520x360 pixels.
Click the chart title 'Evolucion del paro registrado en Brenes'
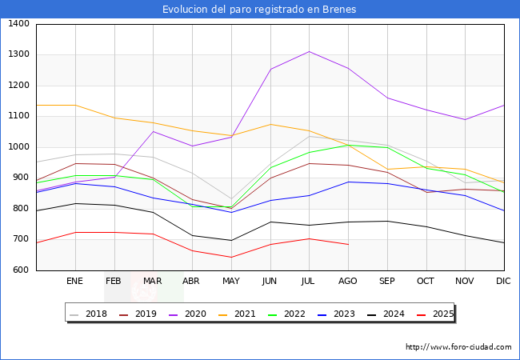259,10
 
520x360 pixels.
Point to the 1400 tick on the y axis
19,24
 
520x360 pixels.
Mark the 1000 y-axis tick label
19,147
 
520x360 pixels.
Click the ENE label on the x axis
74,282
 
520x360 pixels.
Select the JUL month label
309,282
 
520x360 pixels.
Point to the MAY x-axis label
230,282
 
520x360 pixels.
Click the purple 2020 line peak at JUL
309,51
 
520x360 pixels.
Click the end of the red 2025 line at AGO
348,244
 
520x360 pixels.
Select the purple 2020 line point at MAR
153,131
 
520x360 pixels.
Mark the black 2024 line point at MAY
230,240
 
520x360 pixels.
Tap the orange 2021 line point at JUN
270,124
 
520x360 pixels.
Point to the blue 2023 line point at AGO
348,182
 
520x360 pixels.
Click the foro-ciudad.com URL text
458,347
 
